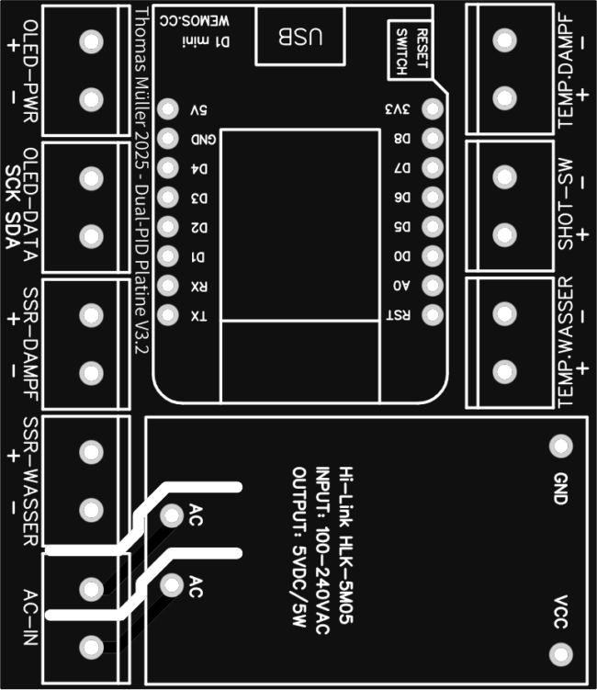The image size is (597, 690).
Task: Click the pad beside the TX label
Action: [x=167, y=315]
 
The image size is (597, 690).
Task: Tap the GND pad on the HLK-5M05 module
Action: [x=557, y=447]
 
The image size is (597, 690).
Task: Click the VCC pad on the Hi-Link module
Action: [x=557, y=654]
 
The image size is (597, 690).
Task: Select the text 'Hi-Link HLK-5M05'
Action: [x=346, y=543]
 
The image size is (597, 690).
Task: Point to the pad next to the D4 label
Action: [x=167, y=169]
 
